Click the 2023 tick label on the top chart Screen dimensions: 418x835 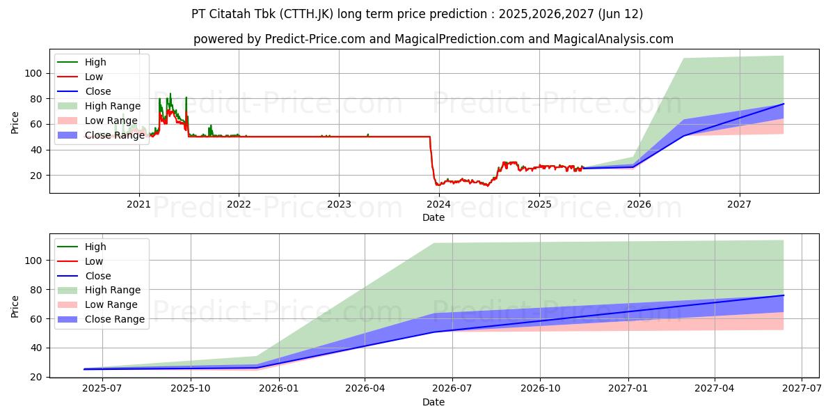click(x=339, y=204)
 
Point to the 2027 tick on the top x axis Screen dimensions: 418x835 click(x=739, y=204)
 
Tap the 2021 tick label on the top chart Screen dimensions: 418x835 click(x=139, y=204)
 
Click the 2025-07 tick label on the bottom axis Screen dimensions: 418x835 click(x=102, y=389)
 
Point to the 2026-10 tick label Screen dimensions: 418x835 click(x=541, y=389)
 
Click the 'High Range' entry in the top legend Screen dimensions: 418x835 click(x=113, y=106)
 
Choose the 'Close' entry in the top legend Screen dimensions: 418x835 click(x=98, y=91)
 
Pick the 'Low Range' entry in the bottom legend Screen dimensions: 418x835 click(x=111, y=304)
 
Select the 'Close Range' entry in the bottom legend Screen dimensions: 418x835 click(x=115, y=319)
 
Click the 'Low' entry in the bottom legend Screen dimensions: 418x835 click(x=94, y=261)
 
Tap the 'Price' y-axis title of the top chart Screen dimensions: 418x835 click(x=15, y=123)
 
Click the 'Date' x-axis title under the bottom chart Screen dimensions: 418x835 click(x=433, y=402)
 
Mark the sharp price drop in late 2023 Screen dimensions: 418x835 click(x=432, y=160)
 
